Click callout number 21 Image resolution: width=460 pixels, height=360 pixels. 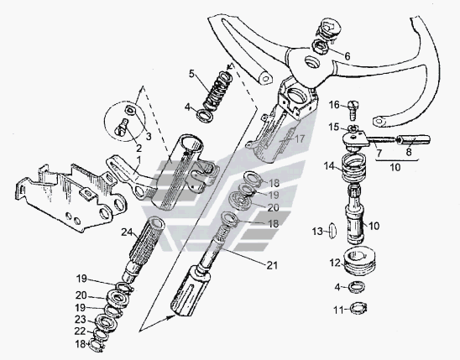coord(272,266)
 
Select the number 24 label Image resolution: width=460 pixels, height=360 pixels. coord(127,232)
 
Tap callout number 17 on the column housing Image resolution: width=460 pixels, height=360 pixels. coord(299,138)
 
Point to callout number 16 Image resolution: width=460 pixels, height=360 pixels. coord(334,105)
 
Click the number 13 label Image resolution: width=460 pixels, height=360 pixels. coord(317,232)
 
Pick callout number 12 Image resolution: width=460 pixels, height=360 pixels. coord(335,263)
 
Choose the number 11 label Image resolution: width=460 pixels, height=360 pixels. coord(338,310)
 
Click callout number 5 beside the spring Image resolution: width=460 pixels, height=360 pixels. coord(191,74)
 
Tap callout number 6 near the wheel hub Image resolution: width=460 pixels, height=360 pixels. coord(348,56)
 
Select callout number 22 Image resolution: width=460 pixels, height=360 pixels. coord(80,331)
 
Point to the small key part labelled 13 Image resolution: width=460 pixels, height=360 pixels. coord(332,231)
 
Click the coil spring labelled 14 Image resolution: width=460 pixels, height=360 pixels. coord(354,169)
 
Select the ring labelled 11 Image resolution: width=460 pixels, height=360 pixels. coord(358,308)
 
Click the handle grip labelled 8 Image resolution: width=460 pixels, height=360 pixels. coord(414,140)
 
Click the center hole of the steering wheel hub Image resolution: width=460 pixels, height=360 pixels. coord(311,62)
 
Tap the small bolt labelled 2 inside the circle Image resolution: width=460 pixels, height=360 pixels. coord(122,128)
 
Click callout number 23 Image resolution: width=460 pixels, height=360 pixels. coord(80,319)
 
